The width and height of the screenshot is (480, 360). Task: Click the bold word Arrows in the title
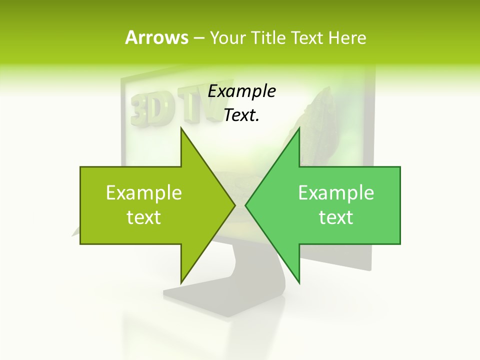pos(156,37)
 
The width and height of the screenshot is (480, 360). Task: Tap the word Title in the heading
pos(268,37)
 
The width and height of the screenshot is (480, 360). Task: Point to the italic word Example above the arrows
pos(242,91)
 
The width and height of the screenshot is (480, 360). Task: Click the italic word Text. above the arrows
pos(242,115)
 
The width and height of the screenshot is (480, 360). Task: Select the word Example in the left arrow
pos(144,192)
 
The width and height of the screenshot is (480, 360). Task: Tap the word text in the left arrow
pos(144,217)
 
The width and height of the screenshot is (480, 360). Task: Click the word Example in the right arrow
pos(336,192)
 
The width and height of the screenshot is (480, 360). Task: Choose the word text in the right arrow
pos(336,217)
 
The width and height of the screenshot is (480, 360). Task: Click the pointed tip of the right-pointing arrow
pos(234,205)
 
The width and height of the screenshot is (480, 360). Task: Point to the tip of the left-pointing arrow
pos(245,205)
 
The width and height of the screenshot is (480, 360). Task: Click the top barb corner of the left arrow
pos(181,128)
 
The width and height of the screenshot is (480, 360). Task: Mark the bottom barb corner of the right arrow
pos(299,283)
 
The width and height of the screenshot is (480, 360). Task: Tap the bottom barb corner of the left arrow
pos(181,283)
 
